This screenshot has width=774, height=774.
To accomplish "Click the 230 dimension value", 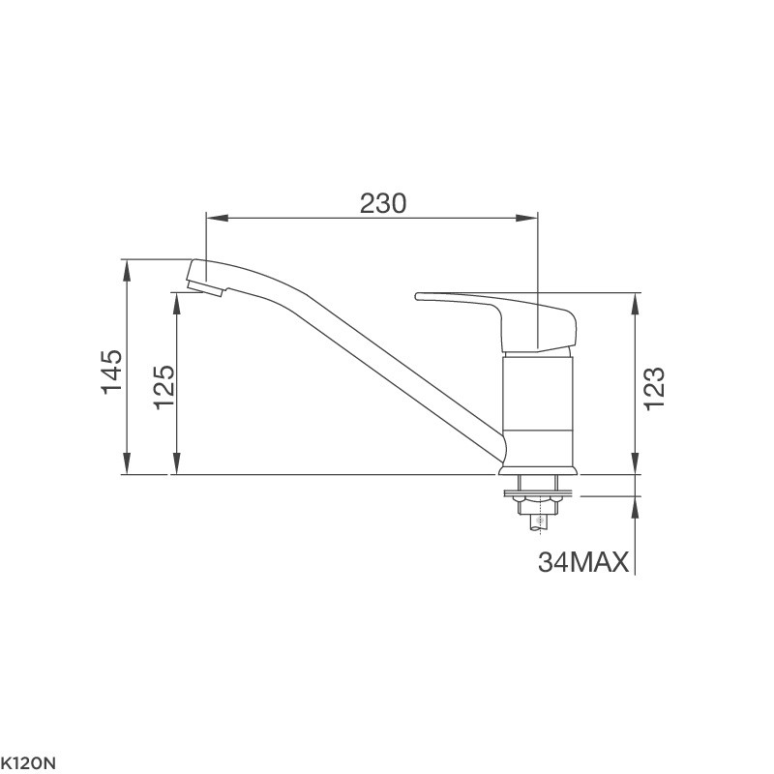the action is point(382,203).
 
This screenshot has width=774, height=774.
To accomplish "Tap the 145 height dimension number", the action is point(112,372).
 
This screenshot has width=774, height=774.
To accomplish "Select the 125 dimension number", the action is point(164,388).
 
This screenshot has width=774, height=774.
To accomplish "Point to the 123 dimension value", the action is point(654,388).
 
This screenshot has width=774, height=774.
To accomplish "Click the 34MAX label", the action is point(583,562).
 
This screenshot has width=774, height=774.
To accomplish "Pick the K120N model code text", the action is point(28,763).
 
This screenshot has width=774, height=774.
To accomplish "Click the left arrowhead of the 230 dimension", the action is point(217,218).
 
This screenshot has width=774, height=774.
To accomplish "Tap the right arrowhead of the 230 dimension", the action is point(526,218).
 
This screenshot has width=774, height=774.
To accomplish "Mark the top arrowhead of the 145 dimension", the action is point(128,270).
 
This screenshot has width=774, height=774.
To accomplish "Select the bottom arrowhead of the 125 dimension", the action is point(176,463).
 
